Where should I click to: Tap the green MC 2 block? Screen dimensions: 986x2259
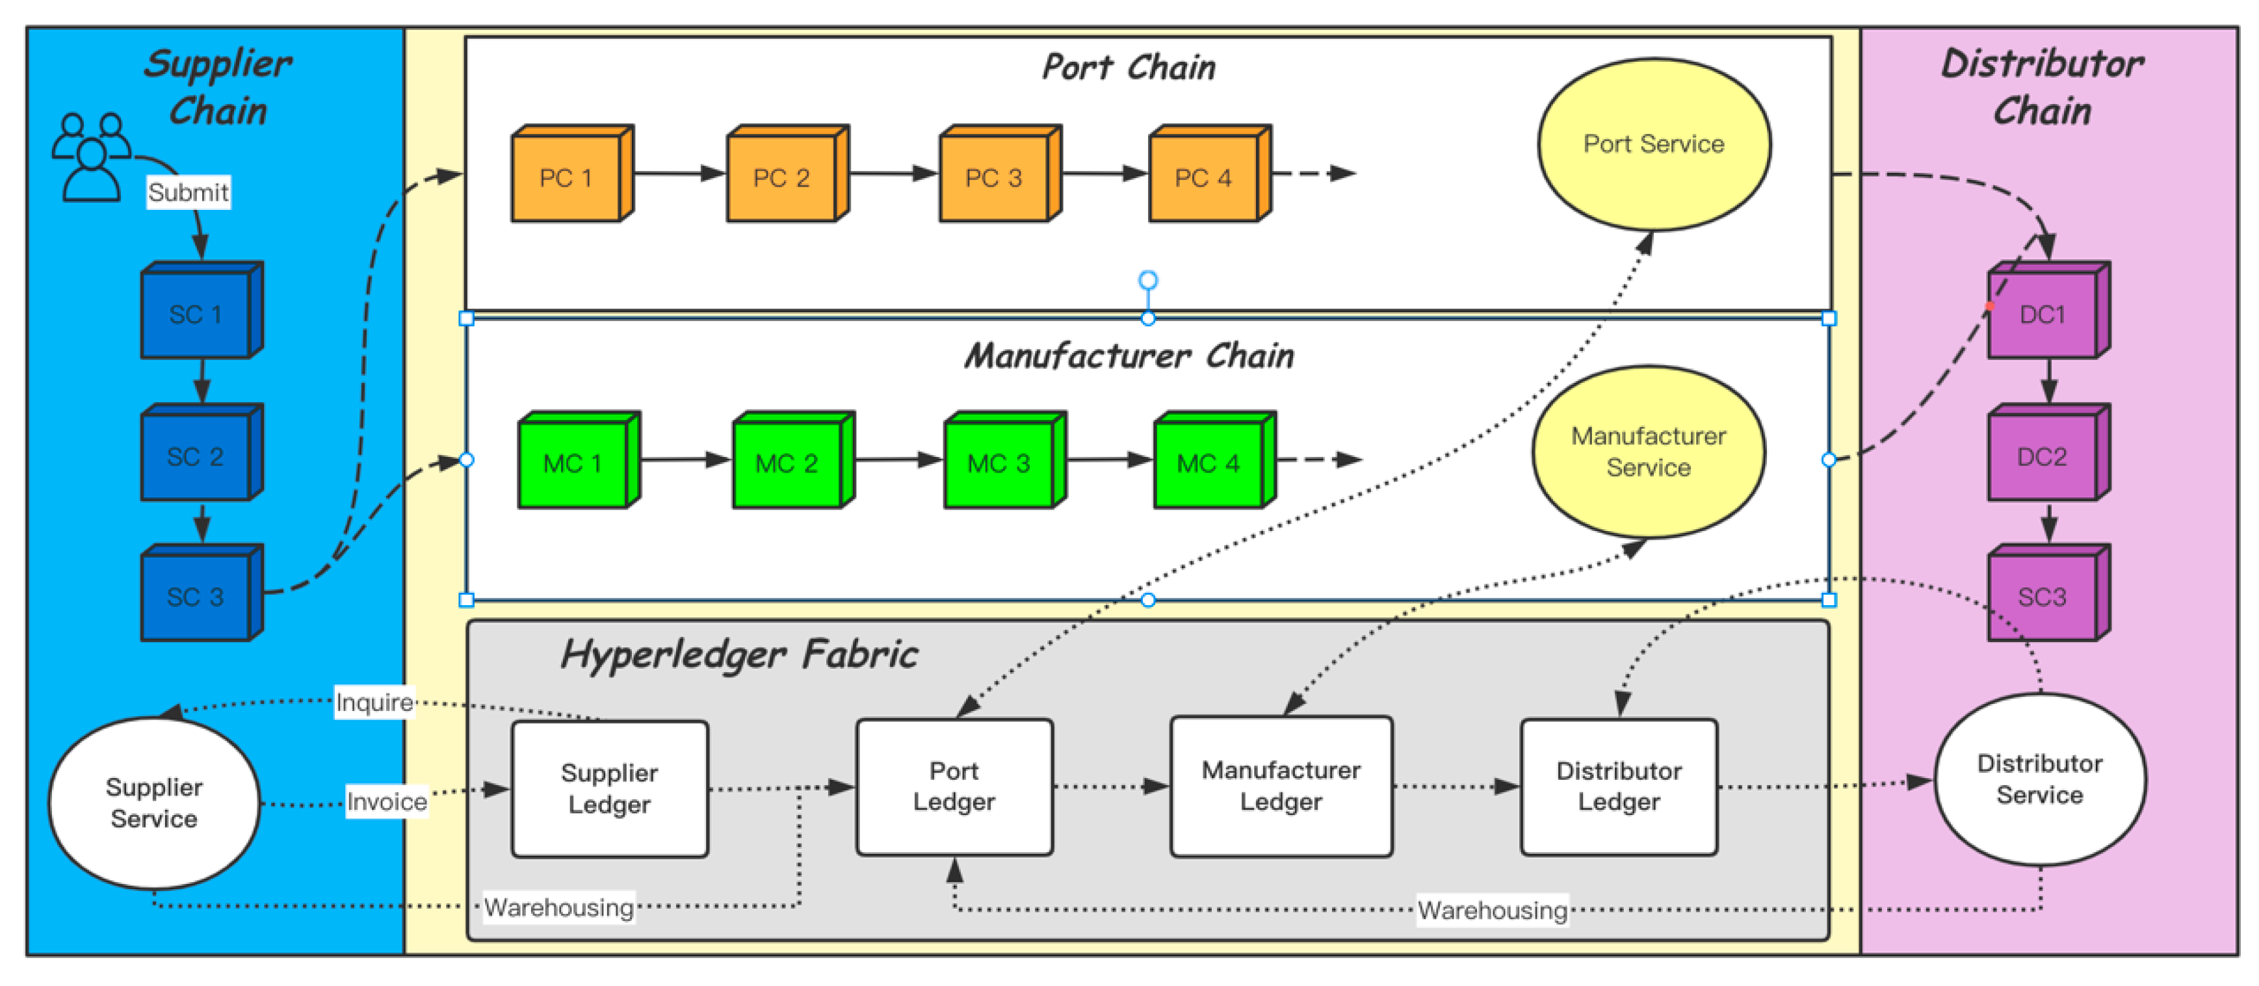pos(787,463)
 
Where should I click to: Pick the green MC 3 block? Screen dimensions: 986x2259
pos(1000,463)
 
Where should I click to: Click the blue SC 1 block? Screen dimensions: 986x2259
pos(196,315)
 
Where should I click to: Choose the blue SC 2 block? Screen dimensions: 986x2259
pos(196,457)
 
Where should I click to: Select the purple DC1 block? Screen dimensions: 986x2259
pos(2043,315)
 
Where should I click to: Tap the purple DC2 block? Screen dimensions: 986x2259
pos(2043,457)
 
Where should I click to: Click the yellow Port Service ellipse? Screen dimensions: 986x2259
pos(1654,144)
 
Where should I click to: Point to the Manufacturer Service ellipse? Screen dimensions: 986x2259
pos(1649,451)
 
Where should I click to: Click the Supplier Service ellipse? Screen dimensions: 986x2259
pos(154,803)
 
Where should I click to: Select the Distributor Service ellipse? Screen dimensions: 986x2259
pos(2040,779)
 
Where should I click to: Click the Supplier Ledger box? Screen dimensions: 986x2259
pos(610,789)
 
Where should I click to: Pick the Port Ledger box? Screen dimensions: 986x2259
pos(954,786)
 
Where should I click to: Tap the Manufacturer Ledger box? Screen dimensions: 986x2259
pos(1281,786)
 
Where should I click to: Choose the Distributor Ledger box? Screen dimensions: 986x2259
pos(1619,786)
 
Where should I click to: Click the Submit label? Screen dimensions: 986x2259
pos(189,192)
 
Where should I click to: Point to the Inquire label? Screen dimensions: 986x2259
pos(374,702)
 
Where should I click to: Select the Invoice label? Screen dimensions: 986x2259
pos(387,801)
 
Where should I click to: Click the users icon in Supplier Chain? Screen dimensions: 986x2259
pos(91,157)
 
